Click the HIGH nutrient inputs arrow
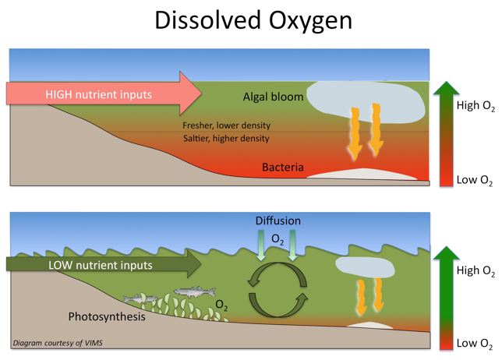101,94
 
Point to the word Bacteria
283,167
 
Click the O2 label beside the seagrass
221,305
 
